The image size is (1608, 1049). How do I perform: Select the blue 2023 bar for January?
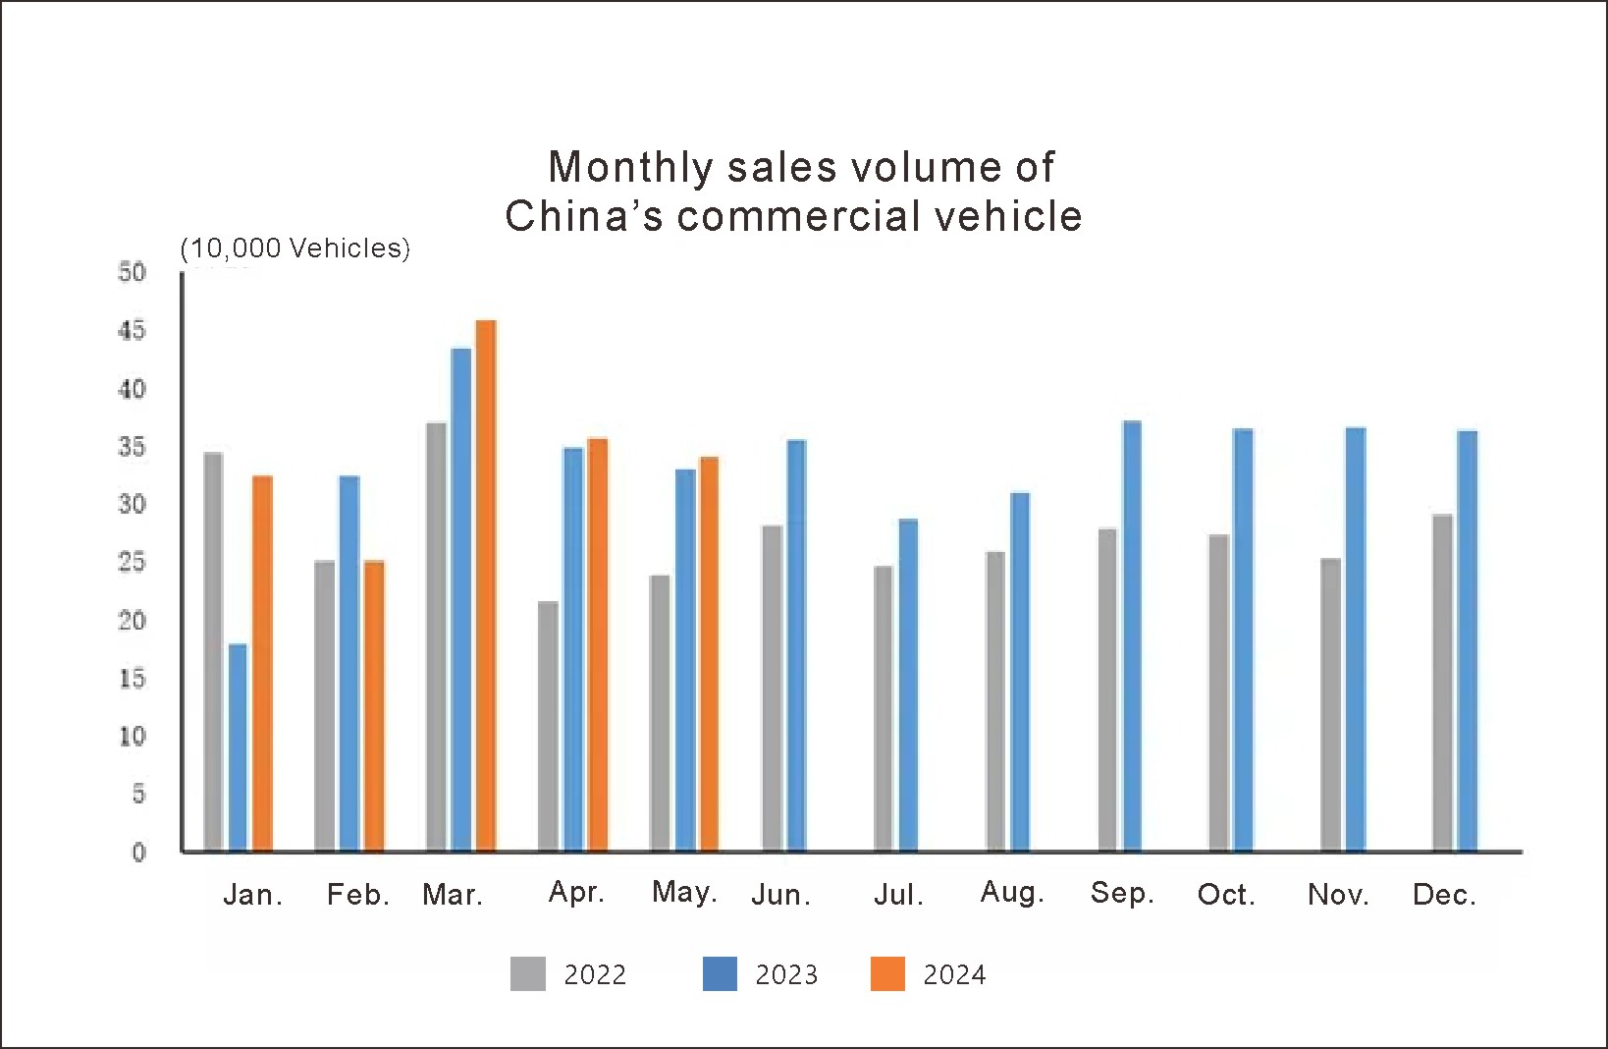[x=238, y=747]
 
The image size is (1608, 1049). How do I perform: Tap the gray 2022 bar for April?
[x=548, y=726]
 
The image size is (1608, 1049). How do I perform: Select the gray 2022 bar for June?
[x=773, y=688]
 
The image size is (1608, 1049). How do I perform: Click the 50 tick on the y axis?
[x=132, y=272]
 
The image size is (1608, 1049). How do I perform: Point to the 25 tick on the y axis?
[x=132, y=562]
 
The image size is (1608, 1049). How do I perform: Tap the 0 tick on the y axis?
[x=138, y=852]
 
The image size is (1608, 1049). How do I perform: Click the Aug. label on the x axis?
[x=1012, y=893]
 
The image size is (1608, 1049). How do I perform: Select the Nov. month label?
[x=1338, y=895]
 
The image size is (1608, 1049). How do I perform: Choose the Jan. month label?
[x=252, y=895]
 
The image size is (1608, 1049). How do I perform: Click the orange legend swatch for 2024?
[x=887, y=973]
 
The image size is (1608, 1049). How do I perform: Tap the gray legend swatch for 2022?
[x=527, y=973]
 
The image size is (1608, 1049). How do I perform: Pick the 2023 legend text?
[x=786, y=974]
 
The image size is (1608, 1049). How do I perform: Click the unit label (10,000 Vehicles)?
[x=295, y=248]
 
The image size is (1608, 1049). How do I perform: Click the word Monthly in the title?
[x=628, y=167]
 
